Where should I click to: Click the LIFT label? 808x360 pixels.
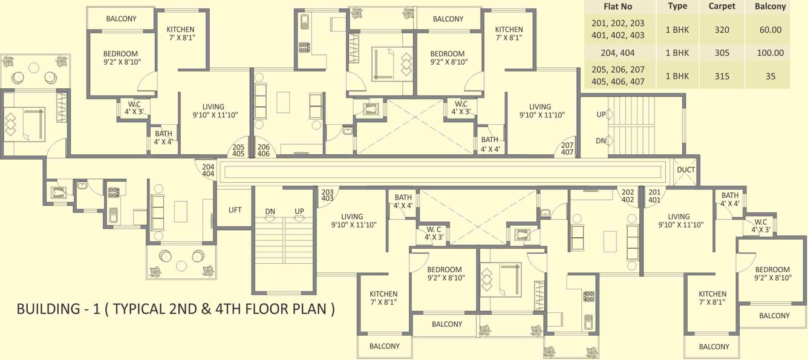click(x=235, y=210)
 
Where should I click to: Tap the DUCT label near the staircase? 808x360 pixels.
click(x=686, y=170)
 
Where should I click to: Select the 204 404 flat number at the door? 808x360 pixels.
click(x=208, y=170)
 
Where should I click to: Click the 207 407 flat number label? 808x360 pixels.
click(x=567, y=148)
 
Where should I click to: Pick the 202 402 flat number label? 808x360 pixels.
click(x=628, y=195)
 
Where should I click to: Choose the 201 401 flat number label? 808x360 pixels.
click(x=654, y=195)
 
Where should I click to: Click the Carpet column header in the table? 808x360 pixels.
click(x=722, y=7)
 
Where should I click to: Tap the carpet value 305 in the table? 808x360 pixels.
click(x=722, y=53)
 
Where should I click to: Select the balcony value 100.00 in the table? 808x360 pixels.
click(x=770, y=53)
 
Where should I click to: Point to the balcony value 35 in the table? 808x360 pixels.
click(x=770, y=76)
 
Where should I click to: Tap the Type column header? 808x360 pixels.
click(x=677, y=7)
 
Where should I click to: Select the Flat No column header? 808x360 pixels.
click(x=617, y=7)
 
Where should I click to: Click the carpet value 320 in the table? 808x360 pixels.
click(x=722, y=30)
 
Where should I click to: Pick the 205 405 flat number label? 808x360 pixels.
click(x=238, y=150)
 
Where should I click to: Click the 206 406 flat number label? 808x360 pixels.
click(x=264, y=150)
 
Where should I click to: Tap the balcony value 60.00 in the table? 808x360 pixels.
click(x=770, y=30)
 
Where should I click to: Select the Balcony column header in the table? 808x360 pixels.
click(x=770, y=7)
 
